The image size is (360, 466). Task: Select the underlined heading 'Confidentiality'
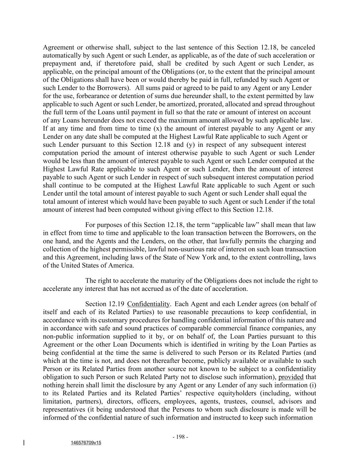[148, 304]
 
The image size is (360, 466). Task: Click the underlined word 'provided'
[291, 377]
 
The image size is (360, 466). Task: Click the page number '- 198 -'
[180, 437]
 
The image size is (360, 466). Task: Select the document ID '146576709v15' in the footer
[86, 443]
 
